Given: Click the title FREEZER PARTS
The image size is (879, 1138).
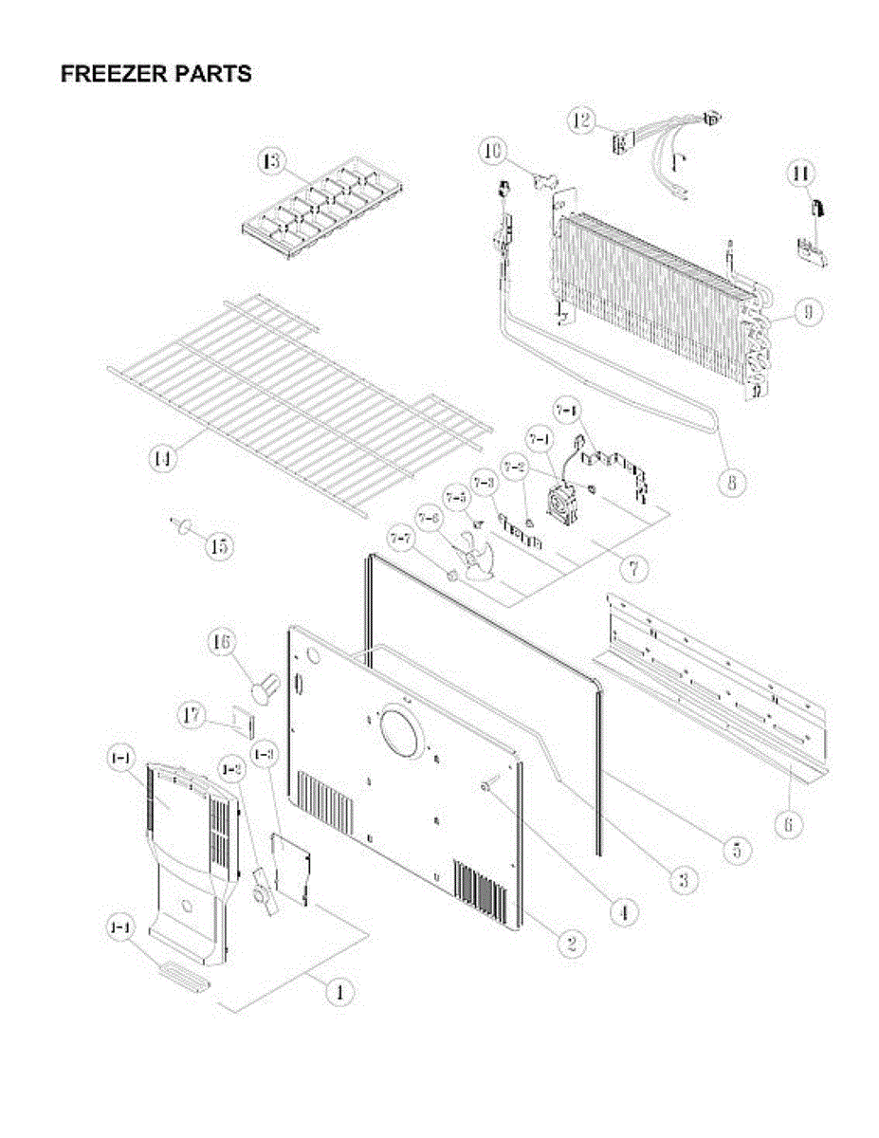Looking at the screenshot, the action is click(x=156, y=74).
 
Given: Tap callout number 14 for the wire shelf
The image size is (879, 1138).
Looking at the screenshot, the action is click(x=164, y=460).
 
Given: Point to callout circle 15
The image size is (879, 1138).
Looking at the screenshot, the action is click(x=219, y=546).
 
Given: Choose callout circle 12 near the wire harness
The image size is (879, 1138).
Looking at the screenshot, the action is click(x=581, y=120).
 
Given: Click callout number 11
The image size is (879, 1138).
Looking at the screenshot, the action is click(x=801, y=174).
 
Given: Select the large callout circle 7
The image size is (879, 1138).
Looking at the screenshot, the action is click(x=633, y=568).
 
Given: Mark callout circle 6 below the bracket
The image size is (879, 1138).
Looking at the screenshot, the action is click(x=787, y=825).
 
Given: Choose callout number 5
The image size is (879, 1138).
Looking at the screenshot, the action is click(x=736, y=849).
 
